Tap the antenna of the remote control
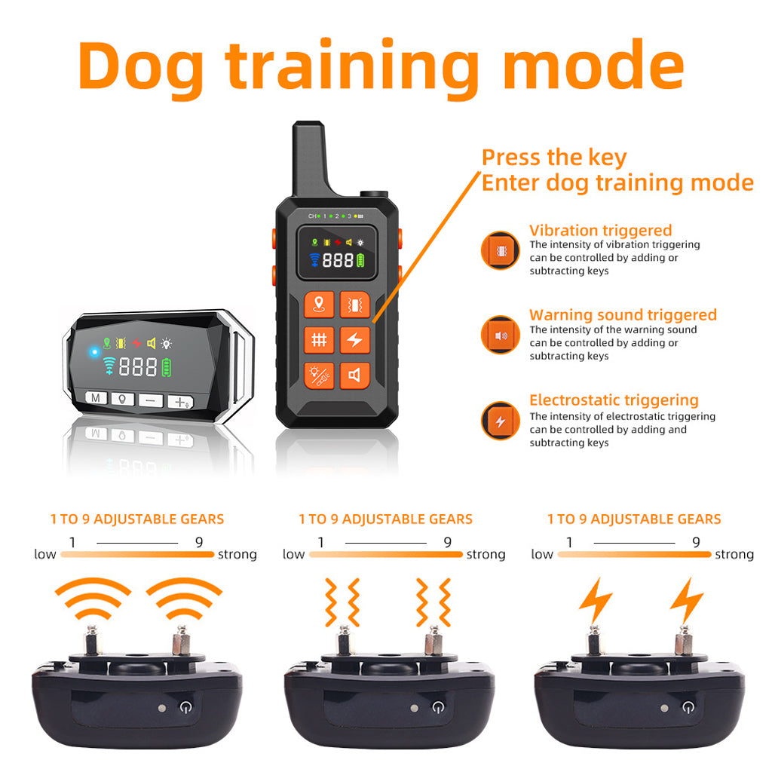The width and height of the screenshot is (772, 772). point(309,155)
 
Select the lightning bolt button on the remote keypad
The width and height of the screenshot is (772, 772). point(354,340)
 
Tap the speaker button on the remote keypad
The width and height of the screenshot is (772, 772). point(354,375)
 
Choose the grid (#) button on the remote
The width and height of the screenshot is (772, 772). point(319,340)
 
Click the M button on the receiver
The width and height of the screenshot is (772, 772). point(96,397)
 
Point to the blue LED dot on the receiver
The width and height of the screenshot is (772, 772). point(94,352)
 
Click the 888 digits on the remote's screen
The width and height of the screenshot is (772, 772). point(338,260)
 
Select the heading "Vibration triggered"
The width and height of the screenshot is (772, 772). point(600,231)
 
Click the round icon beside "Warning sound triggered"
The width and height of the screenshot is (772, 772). point(500,335)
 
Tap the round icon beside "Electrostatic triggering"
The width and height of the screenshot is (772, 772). point(500,421)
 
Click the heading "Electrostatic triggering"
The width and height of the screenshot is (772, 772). point(614,400)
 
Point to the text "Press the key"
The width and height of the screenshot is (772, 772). point(554,158)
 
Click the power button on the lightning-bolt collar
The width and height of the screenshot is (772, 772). point(687,707)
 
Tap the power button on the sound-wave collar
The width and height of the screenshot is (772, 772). point(185,707)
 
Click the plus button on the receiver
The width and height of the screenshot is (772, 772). point(181,402)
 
